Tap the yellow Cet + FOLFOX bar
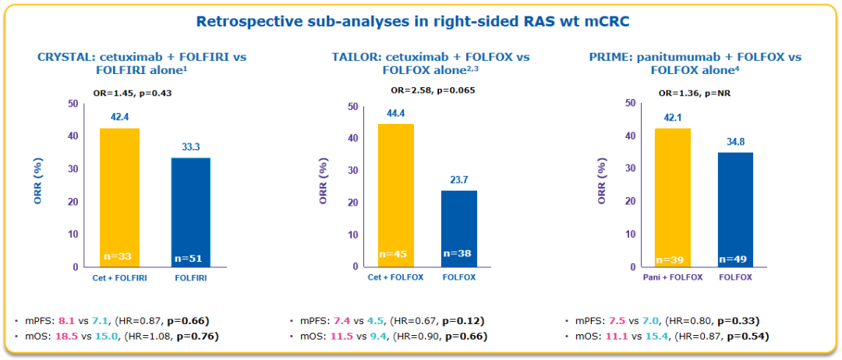pos(395,195)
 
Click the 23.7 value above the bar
pos(459,180)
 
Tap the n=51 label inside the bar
pos(190,257)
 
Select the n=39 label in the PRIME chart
pos(672,259)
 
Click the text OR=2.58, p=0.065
pos(428,90)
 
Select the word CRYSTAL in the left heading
pos(65,58)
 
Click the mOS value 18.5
pos(64,336)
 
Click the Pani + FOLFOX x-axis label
pos(672,277)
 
